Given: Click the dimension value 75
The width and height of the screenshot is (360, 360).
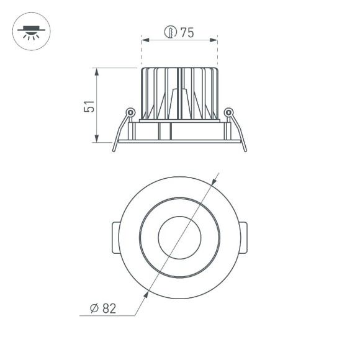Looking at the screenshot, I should click(187, 33).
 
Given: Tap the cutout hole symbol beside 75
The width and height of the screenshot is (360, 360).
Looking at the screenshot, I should click(171, 32).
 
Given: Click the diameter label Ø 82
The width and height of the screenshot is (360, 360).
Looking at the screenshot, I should click(104, 307).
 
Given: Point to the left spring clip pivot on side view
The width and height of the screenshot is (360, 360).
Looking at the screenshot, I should click(130, 112).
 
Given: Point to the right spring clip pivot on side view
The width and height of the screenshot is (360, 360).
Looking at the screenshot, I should click(228, 112).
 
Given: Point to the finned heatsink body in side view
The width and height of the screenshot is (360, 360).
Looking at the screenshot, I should click(179, 93).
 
